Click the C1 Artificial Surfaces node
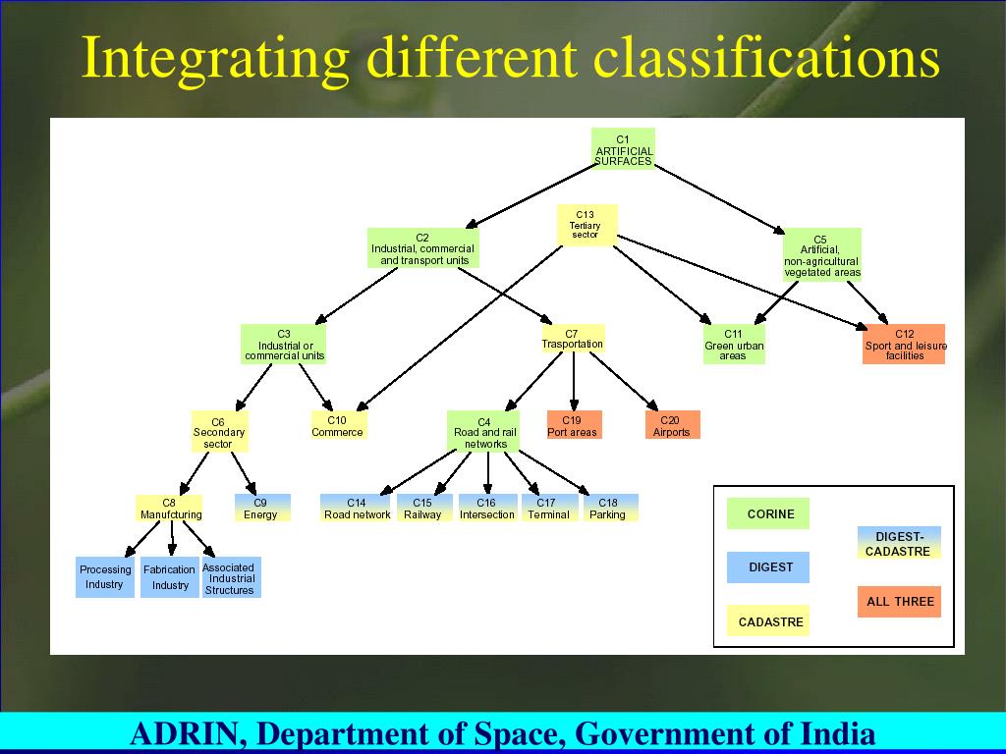pos(623,149)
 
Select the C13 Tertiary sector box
pos(586,225)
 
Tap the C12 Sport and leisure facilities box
pos(904,345)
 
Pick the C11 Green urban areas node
pos(734,345)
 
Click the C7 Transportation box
pos(572,339)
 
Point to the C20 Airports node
pos(672,425)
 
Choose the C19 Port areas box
pos(573,425)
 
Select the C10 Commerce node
pos(337,425)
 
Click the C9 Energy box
pos(261,508)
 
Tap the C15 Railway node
pos(422,508)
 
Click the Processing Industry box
pos(104,577)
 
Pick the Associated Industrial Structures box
pos(230,578)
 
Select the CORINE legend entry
pos(768,513)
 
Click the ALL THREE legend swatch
pos(899,601)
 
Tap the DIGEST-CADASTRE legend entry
pos(899,543)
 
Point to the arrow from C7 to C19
pos(573,381)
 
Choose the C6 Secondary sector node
pos(219,432)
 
